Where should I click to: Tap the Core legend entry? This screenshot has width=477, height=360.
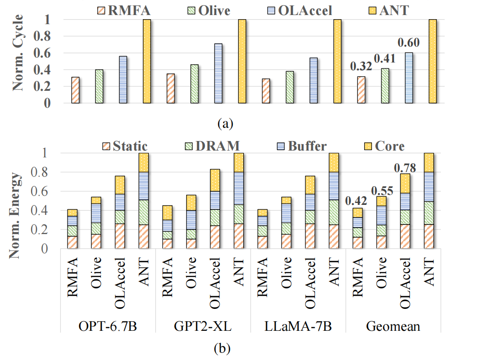(x=389, y=146)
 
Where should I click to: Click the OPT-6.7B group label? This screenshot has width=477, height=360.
(x=108, y=328)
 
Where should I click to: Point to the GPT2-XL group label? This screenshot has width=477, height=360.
(x=203, y=328)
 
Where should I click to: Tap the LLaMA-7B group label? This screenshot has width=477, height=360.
(x=298, y=328)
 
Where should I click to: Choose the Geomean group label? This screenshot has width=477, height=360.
(x=393, y=328)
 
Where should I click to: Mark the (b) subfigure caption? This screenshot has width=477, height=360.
(x=222, y=349)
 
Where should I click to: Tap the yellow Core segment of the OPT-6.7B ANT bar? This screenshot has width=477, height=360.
(x=143, y=162)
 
